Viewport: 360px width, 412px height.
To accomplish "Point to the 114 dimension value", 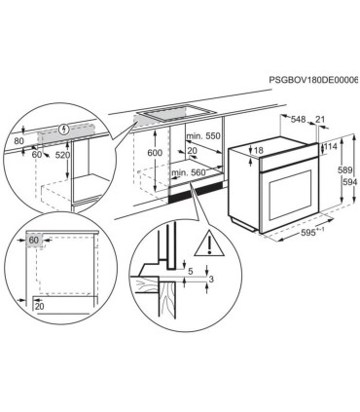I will pyautogui.click(x=333, y=146).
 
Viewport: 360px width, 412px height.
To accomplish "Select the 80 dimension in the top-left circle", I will pyautogui.click(x=19, y=139).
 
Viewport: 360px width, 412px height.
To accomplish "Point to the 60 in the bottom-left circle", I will pyautogui.click(x=33, y=240).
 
